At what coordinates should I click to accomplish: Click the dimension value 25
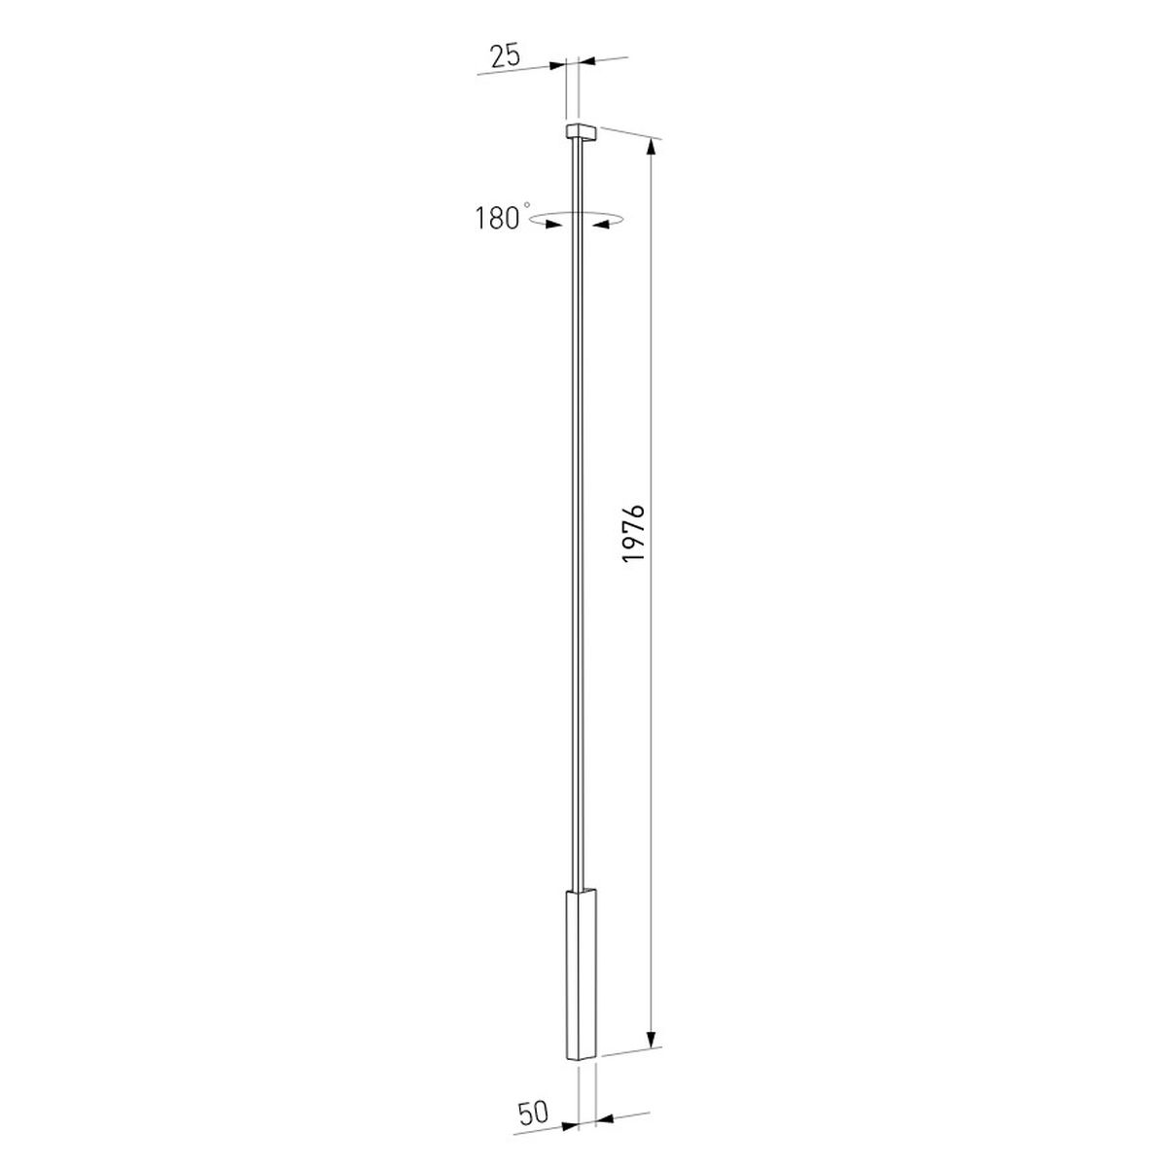[506, 55]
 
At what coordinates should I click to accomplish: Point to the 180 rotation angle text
[498, 219]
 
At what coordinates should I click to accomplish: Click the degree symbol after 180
[527, 205]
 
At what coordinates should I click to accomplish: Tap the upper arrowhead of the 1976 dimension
[652, 149]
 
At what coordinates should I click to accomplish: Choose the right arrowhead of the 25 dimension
[589, 61]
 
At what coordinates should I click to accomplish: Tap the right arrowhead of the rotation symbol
[602, 225]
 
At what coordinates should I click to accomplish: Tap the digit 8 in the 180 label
[497, 219]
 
